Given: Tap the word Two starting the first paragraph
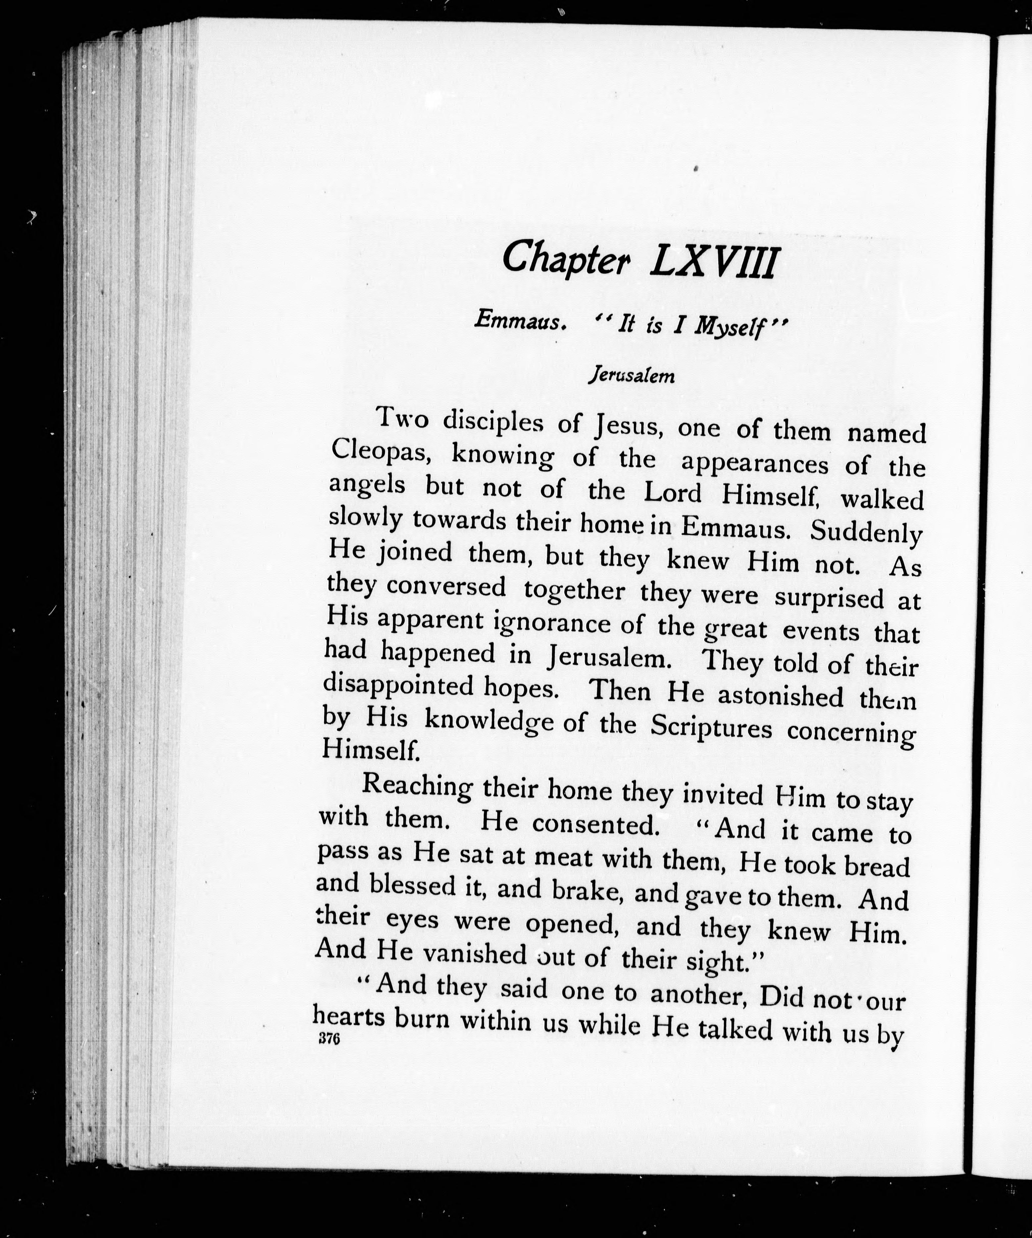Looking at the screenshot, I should pos(402,419).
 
